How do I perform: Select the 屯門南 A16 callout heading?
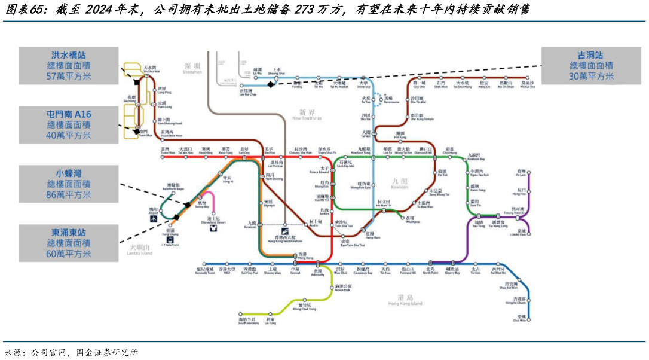point(69,114)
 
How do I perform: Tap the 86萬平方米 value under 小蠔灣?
point(69,195)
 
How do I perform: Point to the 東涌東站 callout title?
point(69,232)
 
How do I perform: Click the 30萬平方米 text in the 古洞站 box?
point(591,77)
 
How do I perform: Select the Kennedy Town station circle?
point(204,263)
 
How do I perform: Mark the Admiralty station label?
point(317,272)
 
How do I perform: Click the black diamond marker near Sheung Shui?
point(270,84)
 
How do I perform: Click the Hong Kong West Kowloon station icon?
point(284,231)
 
